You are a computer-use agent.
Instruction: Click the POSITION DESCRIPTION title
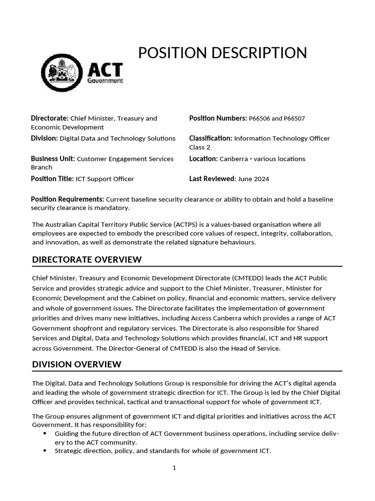coord(222,53)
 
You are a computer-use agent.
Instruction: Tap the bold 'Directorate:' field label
coord(49,118)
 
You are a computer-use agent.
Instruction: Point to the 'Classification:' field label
coord(210,138)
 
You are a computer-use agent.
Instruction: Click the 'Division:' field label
coord(44,138)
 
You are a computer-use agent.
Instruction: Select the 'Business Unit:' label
coord(53,159)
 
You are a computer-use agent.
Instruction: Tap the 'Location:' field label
coord(203,159)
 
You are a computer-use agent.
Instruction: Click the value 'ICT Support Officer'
coord(104,179)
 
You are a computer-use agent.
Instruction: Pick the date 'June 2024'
coord(253,179)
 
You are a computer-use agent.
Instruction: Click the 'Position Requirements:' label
coord(67,199)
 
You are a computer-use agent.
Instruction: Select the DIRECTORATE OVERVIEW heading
coord(87,259)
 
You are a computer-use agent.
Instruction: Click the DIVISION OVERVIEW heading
coord(77,364)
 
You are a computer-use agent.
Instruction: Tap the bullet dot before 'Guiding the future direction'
coord(45,433)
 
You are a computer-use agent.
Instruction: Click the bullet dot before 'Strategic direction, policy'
coord(45,451)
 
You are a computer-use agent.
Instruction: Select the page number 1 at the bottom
coord(174,468)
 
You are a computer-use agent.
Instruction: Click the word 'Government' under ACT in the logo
coord(105,81)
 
